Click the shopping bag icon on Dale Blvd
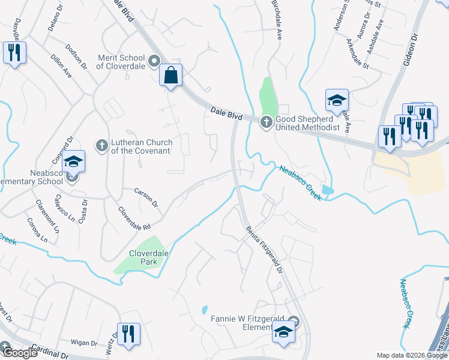(x=171, y=76)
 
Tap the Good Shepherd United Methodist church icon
(x=266, y=122)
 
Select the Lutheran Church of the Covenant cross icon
(x=101, y=145)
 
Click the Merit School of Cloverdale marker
(x=154, y=61)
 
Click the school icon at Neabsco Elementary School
(x=74, y=163)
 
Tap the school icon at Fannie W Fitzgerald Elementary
(x=283, y=332)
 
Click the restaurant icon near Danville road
(x=14, y=53)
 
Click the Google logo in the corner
(x=19, y=353)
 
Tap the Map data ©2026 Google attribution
(x=412, y=355)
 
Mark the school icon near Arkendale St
(x=337, y=100)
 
